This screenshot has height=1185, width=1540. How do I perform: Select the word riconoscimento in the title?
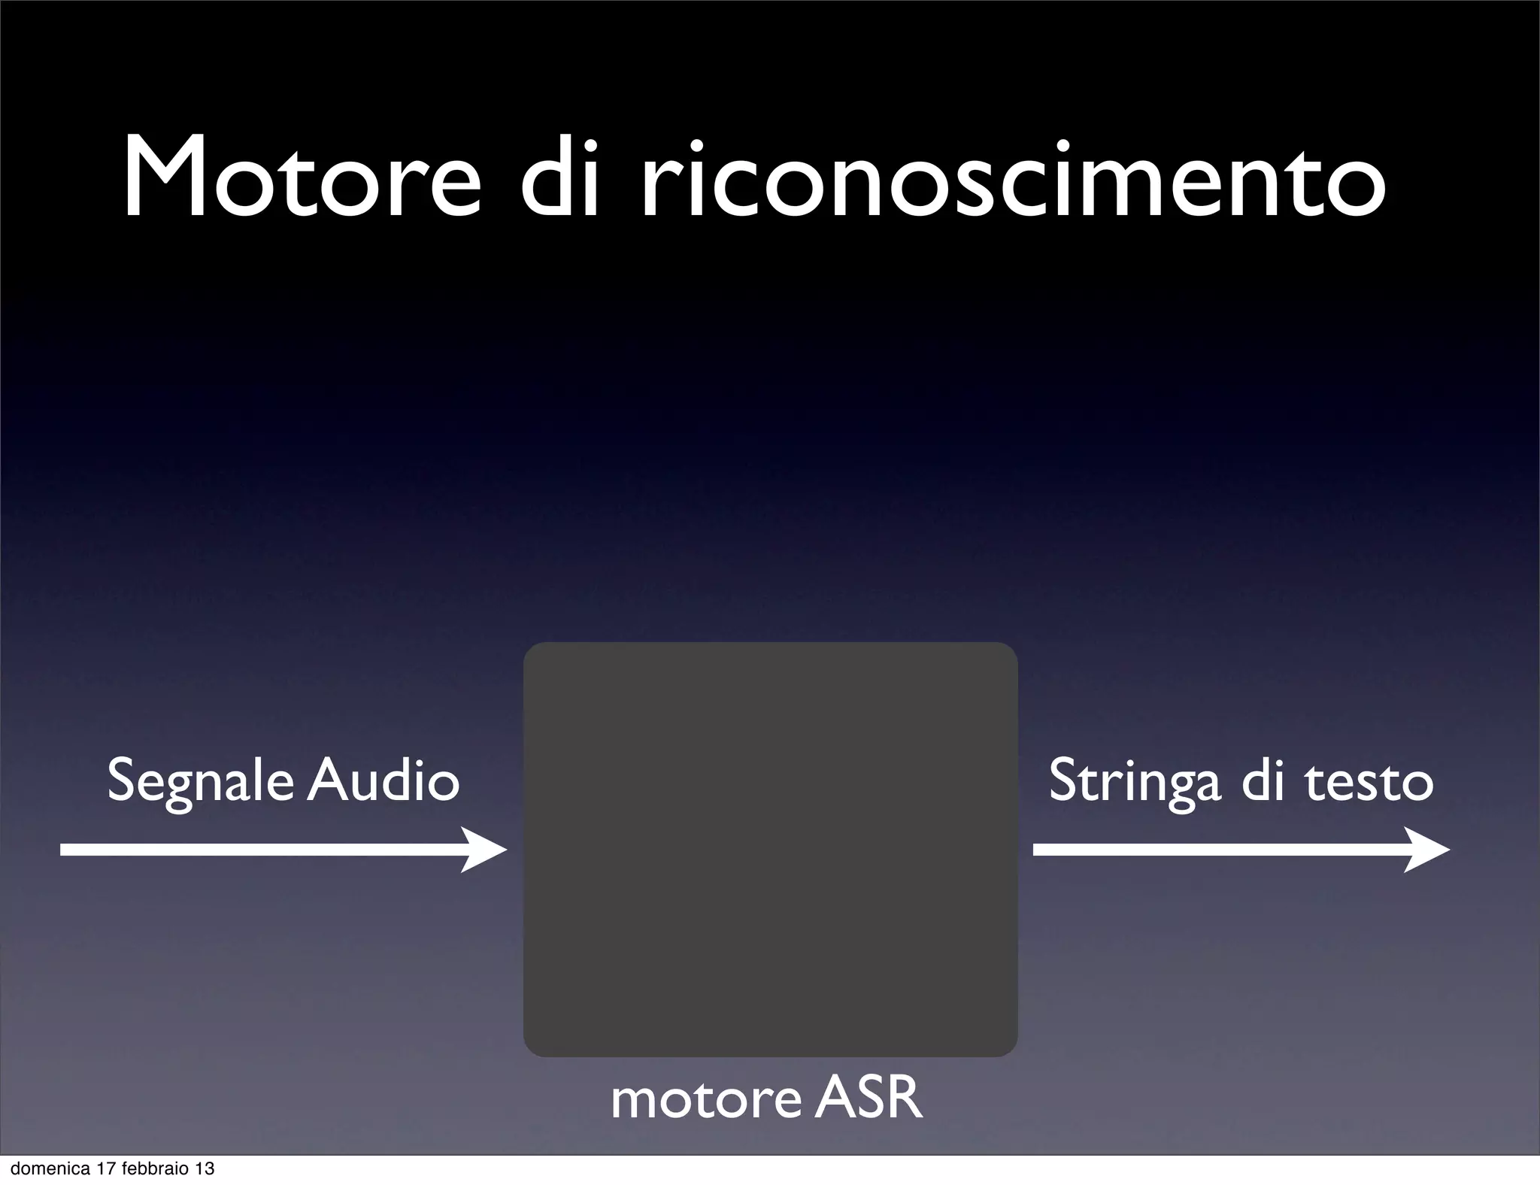(1012, 180)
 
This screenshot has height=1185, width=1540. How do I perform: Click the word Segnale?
(200, 782)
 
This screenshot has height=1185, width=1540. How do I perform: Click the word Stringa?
(1134, 782)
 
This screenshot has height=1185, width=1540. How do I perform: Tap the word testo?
(1369, 782)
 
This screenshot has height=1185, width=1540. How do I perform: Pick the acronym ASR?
(868, 1099)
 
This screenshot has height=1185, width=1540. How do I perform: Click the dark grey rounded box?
(770, 850)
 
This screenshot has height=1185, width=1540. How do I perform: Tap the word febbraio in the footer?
(153, 1169)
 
